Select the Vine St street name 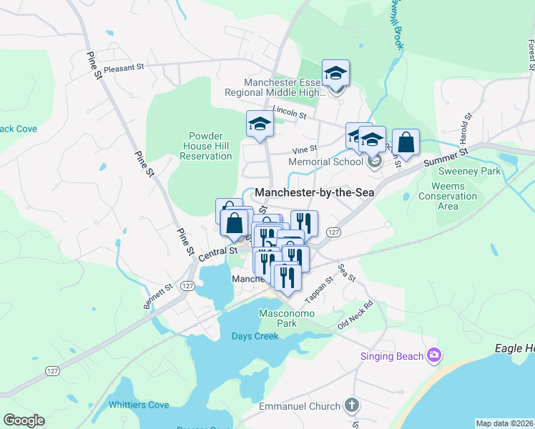pyautogui.click(x=305, y=149)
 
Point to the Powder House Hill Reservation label pyautogui.click(x=205, y=146)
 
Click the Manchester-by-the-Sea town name pyautogui.click(x=315, y=192)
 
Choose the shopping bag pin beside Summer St pyautogui.click(x=406, y=143)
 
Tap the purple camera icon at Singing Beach pyautogui.click(x=433, y=355)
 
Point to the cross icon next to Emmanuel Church pyautogui.click(x=350, y=406)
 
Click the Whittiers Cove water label pyautogui.click(x=139, y=405)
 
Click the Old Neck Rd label pyautogui.click(x=357, y=315)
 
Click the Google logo pyautogui.click(x=23, y=420)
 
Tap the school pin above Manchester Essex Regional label pyautogui.click(x=335, y=74)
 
